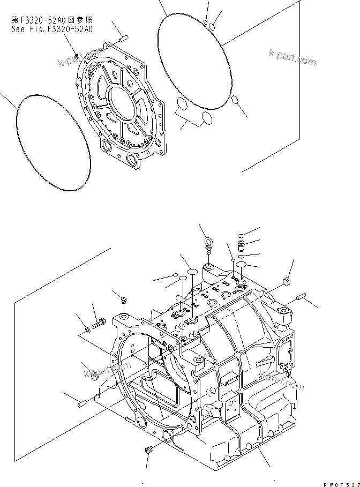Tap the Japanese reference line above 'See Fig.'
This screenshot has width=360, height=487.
point(51,21)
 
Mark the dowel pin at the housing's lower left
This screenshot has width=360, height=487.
point(82,404)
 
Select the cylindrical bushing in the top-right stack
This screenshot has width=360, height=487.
point(240,245)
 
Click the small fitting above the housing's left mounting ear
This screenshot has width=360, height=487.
point(124,300)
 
